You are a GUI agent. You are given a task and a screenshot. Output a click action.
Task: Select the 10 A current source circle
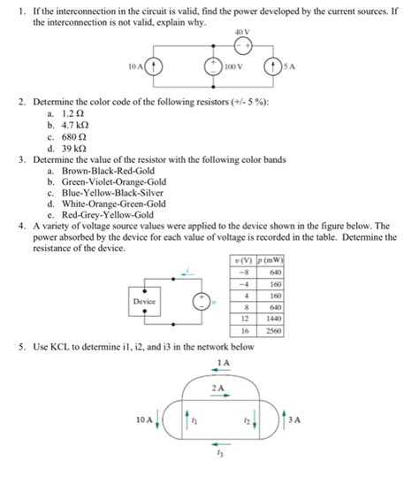tap(155, 67)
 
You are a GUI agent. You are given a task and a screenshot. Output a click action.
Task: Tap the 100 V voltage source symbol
tap(211, 67)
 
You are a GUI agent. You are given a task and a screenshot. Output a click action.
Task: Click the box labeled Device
tap(144, 301)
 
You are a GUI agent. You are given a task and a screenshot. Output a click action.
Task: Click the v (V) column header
tap(240, 263)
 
